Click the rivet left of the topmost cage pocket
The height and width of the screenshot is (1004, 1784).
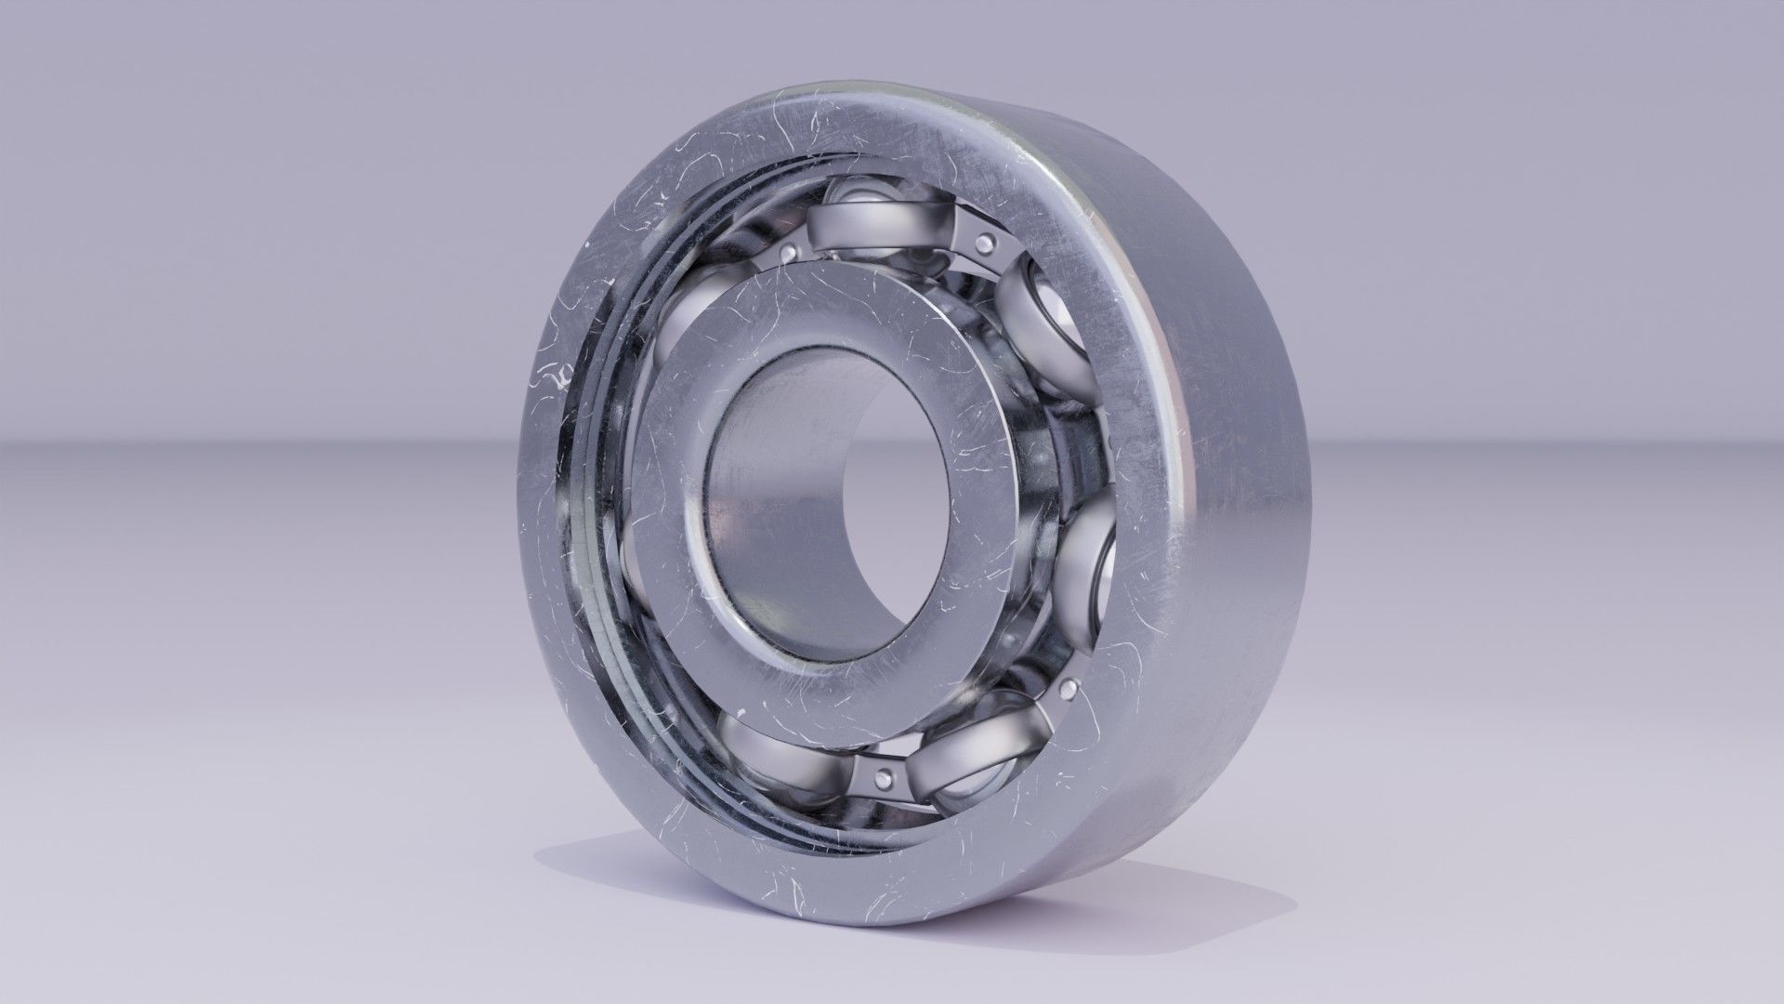point(790,252)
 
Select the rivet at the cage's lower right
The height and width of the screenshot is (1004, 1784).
point(1068,688)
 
